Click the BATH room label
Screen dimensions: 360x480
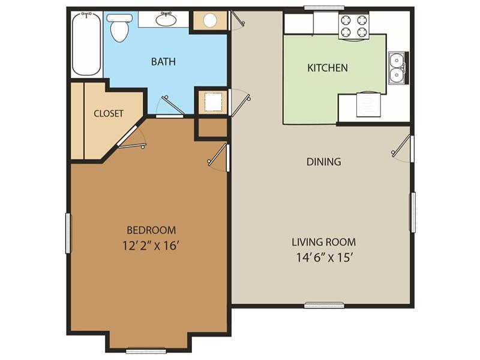tap(163, 62)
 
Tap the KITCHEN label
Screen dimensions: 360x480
tap(327, 68)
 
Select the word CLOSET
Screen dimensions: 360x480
tap(109, 113)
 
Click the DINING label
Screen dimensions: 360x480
tap(323, 161)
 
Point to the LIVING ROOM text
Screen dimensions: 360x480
tap(323, 242)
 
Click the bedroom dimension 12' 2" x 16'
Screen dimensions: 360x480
tap(151, 245)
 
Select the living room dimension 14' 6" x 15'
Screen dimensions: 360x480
tap(323, 258)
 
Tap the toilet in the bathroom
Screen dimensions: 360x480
tap(119, 26)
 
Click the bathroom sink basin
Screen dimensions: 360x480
tap(166, 20)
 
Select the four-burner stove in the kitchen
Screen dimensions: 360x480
tap(353, 25)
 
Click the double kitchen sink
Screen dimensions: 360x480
tap(397, 67)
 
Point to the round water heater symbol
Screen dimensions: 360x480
tap(209, 21)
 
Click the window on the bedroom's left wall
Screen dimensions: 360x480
tap(68, 233)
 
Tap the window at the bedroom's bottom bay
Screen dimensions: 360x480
tap(146, 350)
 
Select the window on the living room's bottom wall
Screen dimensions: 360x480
tap(324, 305)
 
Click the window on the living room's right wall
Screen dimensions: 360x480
tap(412, 212)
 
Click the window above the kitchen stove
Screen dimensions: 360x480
tap(324, 8)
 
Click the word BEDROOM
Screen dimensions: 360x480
tap(151, 230)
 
